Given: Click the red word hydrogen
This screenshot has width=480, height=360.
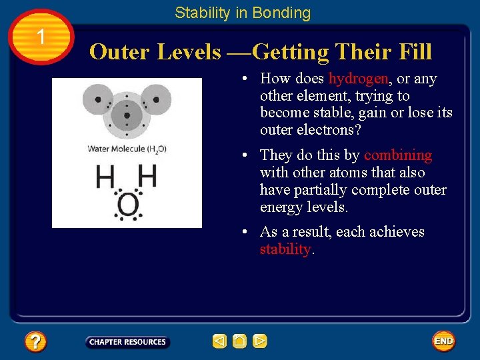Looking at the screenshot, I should pyautogui.click(x=359, y=79).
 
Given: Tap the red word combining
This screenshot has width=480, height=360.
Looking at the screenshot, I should pyautogui.click(x=397, y=155).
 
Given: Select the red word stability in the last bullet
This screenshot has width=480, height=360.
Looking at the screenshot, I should pyautogui.click(x=285, y=249).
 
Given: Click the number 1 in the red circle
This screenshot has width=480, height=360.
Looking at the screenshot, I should pyautogui.click(x=41, y=37).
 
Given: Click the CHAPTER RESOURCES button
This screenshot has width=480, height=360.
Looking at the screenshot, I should pyautogui.click(x=127, y=342).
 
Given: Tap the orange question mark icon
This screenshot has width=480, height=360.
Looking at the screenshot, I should pyautogui.click(x=35, y=342).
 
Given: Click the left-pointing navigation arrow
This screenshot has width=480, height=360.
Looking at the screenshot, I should pyautogui.click(x=219, y=341).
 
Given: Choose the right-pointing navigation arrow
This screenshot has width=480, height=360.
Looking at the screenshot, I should pyautogui.click(x=260, y=341).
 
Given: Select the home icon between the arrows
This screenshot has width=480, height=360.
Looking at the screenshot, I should pyautogui.click(x=240, y=341).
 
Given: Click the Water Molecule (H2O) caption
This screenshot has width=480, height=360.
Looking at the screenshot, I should pyautogui.click(x=127, y=149).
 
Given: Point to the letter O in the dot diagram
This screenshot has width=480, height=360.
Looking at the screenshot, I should pyautogui.click(x=127, y=205).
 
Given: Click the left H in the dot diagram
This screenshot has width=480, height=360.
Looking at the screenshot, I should pyautogui.click(x=105, y=177).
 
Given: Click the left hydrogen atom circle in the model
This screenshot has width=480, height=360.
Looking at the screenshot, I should pyautogui.click(x=99, y=102).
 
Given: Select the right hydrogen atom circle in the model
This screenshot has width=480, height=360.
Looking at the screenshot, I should pyautogui.click(x=155, y=101).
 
